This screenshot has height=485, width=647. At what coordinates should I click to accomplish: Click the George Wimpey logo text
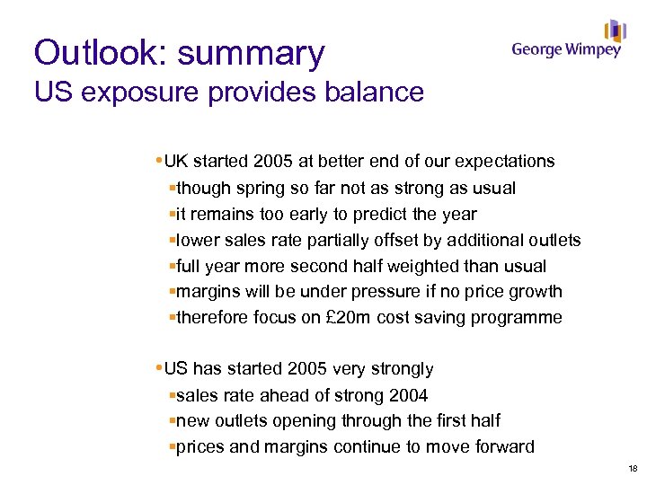(x=566, y=49)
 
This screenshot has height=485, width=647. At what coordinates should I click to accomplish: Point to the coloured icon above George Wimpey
(x=615, y=30)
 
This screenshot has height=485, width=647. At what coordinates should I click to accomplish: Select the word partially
(x=317, y=240)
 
